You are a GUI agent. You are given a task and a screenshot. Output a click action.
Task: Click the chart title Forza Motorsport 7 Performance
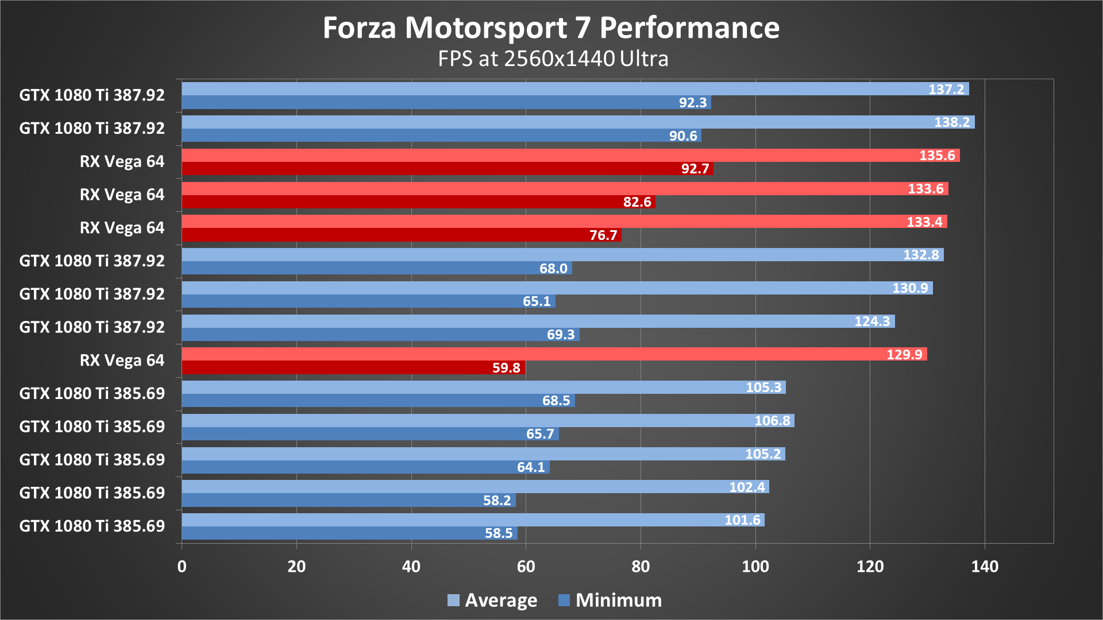click(551, 28)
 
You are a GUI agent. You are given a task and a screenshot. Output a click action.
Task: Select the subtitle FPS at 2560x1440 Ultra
click(553, 59)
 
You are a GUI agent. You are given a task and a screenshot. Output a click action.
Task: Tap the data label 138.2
click(951, 122)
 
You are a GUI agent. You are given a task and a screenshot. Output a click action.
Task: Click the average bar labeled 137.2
click(574, 89)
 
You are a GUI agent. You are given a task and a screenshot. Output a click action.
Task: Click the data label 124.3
click(871, 321)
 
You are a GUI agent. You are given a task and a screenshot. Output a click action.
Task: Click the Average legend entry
click(492, 600)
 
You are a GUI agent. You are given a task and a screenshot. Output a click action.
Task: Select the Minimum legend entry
click(610, 600)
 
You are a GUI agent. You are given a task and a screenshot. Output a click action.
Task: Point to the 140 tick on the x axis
click(984, 567)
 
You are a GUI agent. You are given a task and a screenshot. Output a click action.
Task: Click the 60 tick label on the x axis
click(526, 567)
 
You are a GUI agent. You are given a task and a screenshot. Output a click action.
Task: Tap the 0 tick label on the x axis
click(182, 567)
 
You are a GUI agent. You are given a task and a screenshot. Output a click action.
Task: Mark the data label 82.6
click(637, 202)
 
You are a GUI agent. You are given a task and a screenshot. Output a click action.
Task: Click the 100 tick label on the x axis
click(755, 567)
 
